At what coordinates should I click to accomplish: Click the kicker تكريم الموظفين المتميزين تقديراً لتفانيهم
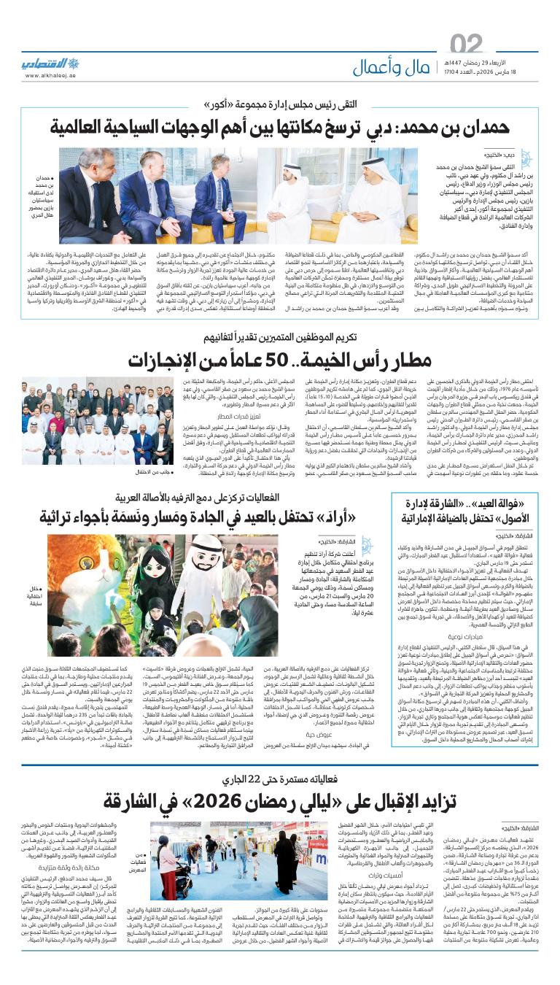[280, 338]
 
